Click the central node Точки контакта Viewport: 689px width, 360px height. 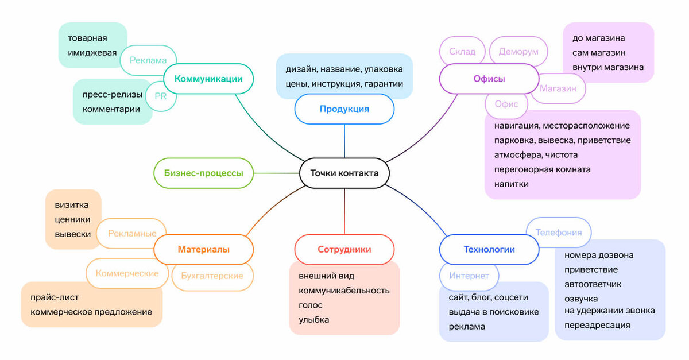(344, 173)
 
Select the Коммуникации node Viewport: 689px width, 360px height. (208, 79)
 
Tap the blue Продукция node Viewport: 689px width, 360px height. (344, 109)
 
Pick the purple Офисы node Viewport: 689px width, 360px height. (489, 79)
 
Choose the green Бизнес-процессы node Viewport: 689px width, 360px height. (203, 173)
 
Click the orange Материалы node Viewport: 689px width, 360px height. (203, 249)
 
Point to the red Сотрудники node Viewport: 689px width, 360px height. (344, 249)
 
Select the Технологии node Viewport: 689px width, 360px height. (489, 249)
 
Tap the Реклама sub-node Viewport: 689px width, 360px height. (148, 60)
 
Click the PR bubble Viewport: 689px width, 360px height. (161, 96)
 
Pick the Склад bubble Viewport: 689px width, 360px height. (462, 51)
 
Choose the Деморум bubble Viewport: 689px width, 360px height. (518, 51)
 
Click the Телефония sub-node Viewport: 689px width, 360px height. (559, 233)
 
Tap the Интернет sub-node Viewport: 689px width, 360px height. (469, 276)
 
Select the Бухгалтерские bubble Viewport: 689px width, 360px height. (212, 276)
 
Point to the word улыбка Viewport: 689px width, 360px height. (313, 320)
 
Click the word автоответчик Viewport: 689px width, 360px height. (593, 284)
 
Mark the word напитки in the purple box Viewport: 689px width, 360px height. (511, 184)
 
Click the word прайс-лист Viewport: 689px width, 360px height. (55, 297)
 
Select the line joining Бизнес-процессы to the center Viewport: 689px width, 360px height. (277, 173)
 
